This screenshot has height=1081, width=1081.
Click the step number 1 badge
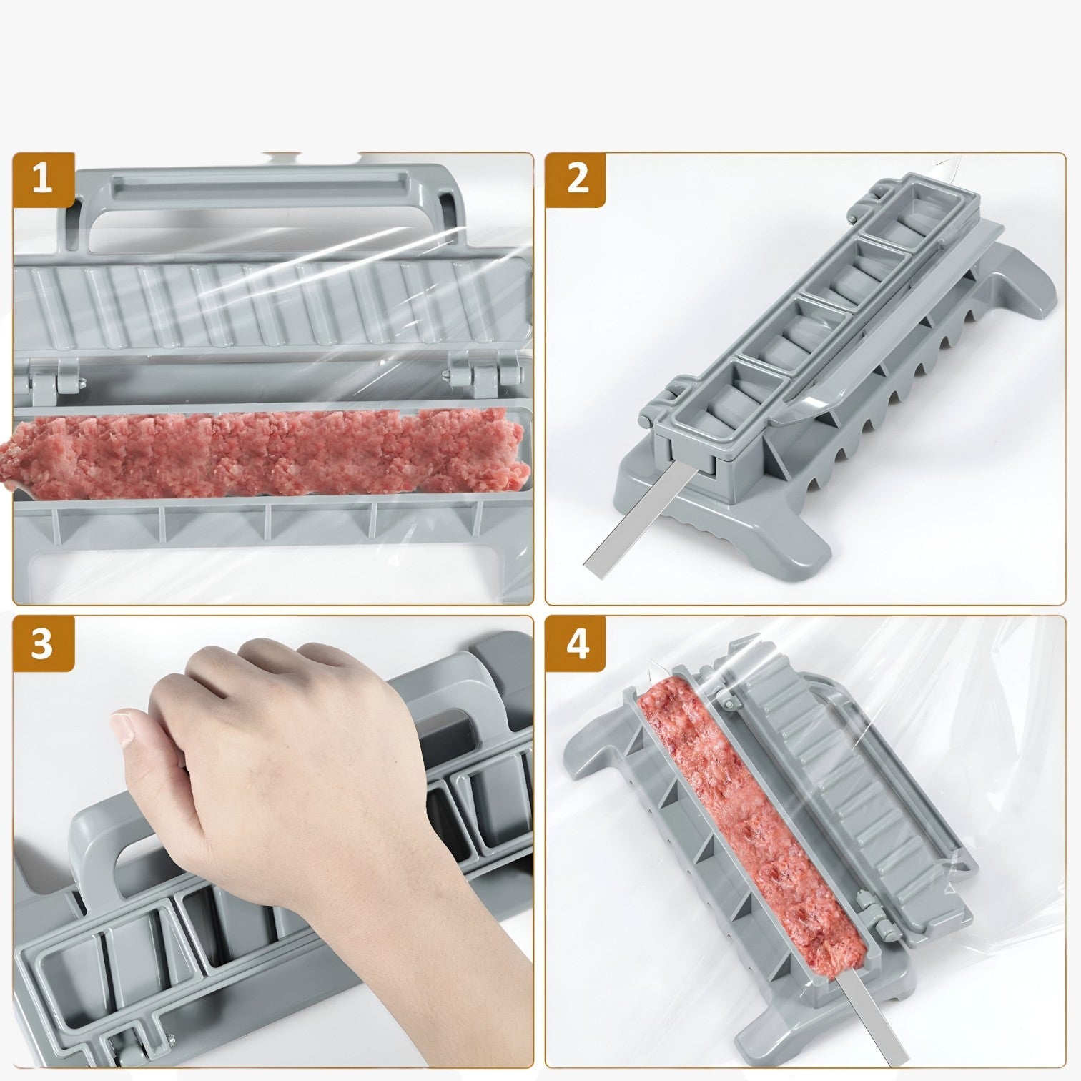coord(43,179)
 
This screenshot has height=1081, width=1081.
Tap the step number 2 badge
coord(576,179)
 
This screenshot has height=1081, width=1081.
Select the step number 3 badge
coord(43,643)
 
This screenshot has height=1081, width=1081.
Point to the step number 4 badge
coord(576,643)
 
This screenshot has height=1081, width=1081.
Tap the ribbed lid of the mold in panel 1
coord(272,307)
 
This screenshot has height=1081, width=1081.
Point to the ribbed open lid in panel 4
coord(844,794)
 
